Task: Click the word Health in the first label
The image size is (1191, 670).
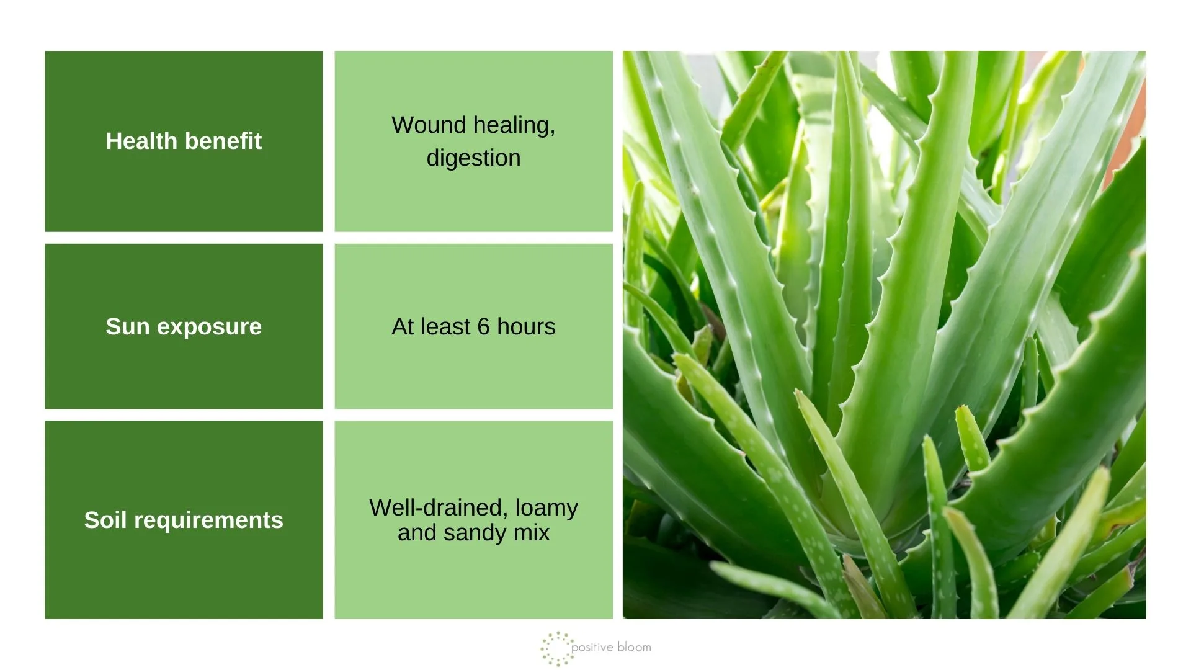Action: [142, 141]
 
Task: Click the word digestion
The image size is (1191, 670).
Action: [473, 159]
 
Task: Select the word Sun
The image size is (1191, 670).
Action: [128, 326]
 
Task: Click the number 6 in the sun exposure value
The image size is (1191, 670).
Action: [484, 327]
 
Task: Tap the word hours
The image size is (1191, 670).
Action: [526, 327]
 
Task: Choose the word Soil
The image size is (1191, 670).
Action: [105, 520]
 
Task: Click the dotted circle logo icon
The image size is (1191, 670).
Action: [556, 648]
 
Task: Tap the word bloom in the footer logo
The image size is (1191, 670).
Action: [635, 647]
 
